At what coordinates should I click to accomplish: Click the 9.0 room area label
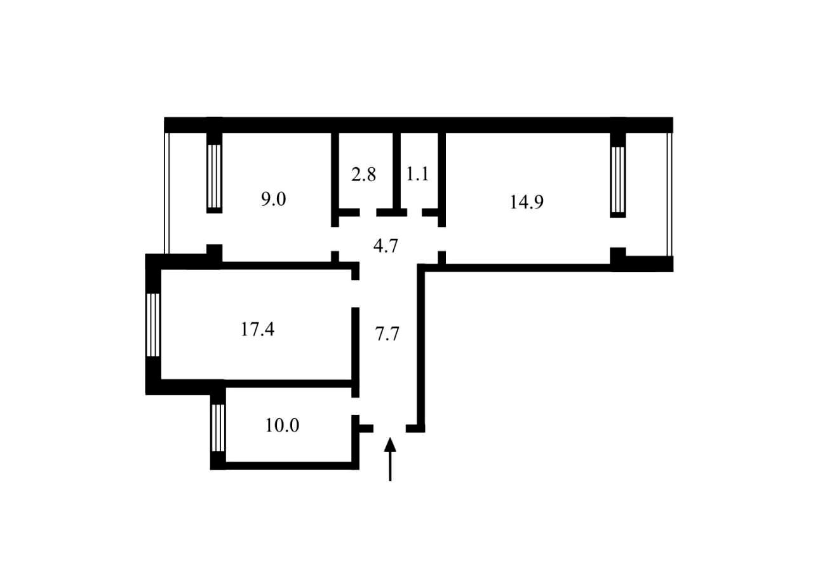pyautogui.click(x=273, y=200)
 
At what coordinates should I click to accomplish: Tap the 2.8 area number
pyautogui.click(x=363, y=175)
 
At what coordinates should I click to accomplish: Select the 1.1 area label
pyautogui.click(x=417, y=174)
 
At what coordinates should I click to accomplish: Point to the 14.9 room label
pyautogui.click(x=527, y=202)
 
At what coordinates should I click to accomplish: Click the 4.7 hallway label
pyautogui.click(x=386, y=246)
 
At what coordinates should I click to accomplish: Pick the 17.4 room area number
pyautogui.click(x=257, y=330)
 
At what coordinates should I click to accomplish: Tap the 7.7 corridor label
pyautogui.click(x=387, y=334)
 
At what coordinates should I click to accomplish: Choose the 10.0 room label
pyautogui.click(x=282, y=426)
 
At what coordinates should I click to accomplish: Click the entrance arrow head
pyautogui.click(x=390, y=444)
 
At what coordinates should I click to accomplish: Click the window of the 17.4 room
pyautogui.click(x=153, y=325)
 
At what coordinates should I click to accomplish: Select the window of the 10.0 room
pyautogui.click(x=218, y=428)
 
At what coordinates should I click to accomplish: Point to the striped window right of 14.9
pyautogui.click(x=618, y=179)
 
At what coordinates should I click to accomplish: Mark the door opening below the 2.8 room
pyautogui.click(x=368, y=212)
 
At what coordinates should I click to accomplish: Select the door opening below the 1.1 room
pyautogui.click(x=415, y=212)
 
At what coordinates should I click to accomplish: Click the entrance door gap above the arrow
pyautogui.click(x=389, y=428)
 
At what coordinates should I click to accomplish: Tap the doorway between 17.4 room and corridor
pyautogui.click(x=355, y=294)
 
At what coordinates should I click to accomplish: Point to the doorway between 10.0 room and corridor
pyautogui.click(x=355, y=406)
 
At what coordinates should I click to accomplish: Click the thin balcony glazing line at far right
pyautogui.click(x=669, y=194)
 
